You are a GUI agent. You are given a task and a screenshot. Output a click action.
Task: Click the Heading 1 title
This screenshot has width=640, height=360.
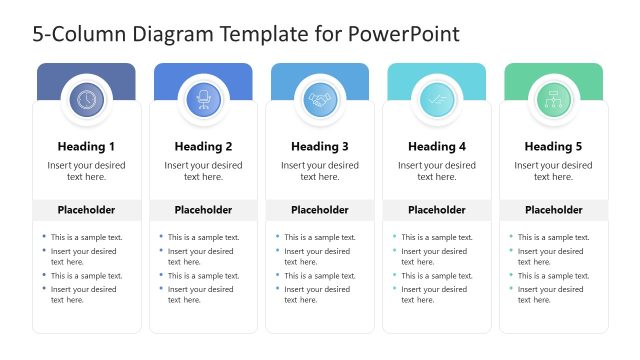pos(86,146)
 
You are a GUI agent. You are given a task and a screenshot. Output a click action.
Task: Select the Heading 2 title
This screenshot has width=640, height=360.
pos(203,146)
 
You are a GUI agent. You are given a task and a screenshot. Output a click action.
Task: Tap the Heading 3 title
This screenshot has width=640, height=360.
pos(320,146)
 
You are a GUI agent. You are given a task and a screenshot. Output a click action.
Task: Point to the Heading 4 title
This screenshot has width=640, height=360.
pos(437,146)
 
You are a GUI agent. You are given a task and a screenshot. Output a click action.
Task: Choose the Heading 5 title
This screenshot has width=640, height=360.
pos(553,146)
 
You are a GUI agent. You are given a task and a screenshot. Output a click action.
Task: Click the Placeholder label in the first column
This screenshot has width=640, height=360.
pos(86,210)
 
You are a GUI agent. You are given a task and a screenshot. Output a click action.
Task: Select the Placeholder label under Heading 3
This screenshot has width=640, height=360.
pos(320,210)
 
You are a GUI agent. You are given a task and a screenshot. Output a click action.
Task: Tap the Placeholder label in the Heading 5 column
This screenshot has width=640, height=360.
pos(554,210)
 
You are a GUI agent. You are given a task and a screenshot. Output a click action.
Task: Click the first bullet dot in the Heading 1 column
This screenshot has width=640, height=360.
pos(44,237)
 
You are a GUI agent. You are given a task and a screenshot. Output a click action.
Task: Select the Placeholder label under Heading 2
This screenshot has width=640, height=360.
pos(203,210)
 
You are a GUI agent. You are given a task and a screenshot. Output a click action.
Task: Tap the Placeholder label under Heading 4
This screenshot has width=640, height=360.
pos(437,210)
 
